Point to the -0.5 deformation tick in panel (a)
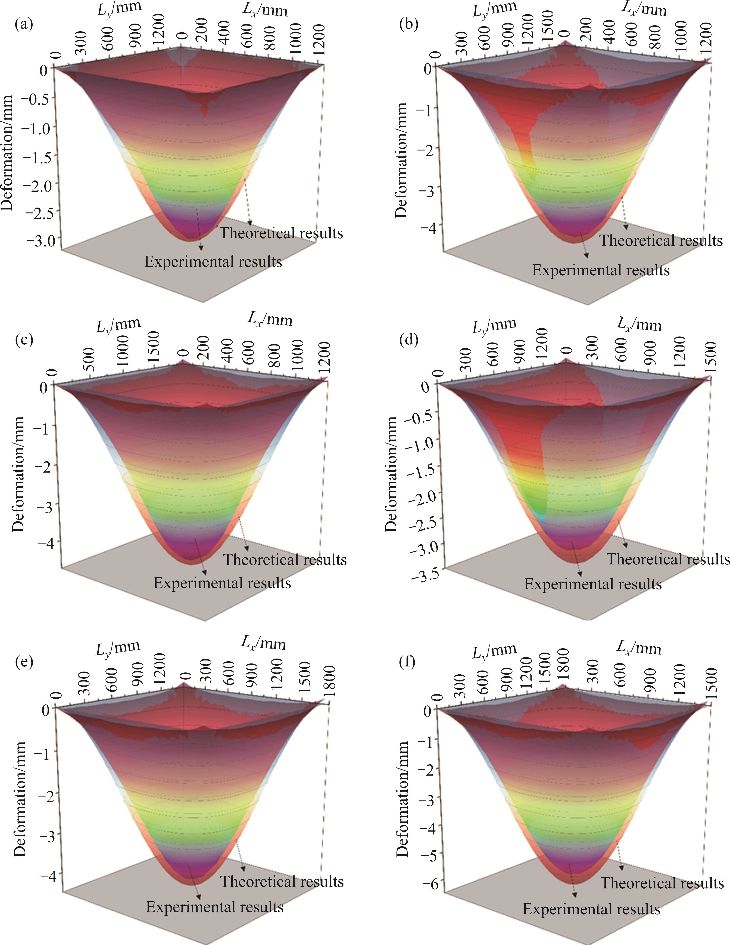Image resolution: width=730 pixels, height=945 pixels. pos(41,98)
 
